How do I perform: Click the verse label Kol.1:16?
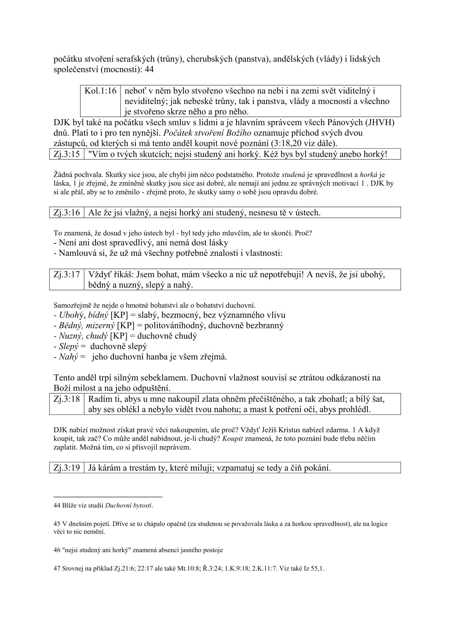(x=100, y=91)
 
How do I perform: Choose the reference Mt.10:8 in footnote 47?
(x=188, y=569)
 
